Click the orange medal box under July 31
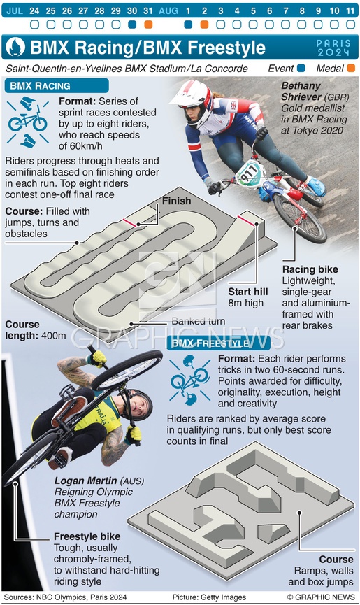[148, 24]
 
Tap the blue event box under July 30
[132, 24]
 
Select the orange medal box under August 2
[204, 24]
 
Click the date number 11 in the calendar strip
[350, 10]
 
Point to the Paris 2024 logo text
[334, 48]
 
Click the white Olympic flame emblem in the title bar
[16, 47]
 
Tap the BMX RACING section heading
[40, 85]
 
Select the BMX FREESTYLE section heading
[210, 343]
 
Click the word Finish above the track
[177, 201]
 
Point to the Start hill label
[248, 292]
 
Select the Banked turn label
[199, 321]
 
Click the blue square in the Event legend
[301, 69]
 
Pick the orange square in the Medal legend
[351, 69]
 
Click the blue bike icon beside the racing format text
[28, 122]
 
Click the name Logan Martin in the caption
[85, 481]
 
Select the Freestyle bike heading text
[87, 536]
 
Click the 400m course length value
[54, 336]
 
